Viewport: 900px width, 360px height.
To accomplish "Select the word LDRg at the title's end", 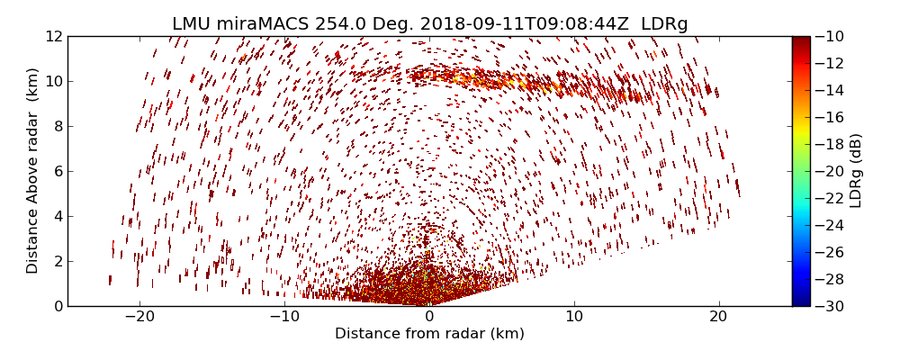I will [664, 24].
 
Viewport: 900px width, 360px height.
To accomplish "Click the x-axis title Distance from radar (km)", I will [429, 334].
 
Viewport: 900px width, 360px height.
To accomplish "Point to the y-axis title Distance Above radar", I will [33, 171].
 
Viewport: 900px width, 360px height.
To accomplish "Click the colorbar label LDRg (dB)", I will [856, 171].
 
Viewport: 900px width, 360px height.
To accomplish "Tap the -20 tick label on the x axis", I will [139, 317].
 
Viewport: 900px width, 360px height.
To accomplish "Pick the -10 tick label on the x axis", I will [284, 317].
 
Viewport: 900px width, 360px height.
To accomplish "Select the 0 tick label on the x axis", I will [429, 317].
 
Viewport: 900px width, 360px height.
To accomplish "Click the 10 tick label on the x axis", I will [574, 317].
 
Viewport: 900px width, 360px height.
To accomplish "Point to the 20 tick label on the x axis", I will [718, 317].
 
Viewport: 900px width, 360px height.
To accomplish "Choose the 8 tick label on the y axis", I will [58, 126].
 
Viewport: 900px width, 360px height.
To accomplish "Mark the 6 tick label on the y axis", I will [58, 171].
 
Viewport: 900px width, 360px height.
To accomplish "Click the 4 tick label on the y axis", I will [58, 216].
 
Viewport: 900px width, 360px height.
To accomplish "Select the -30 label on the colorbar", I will [828, 306].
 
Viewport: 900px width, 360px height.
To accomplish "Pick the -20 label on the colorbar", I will [828, 171].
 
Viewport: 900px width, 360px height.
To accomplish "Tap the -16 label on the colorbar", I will [828, 117].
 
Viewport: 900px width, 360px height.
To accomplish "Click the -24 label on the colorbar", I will [828, 225].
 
